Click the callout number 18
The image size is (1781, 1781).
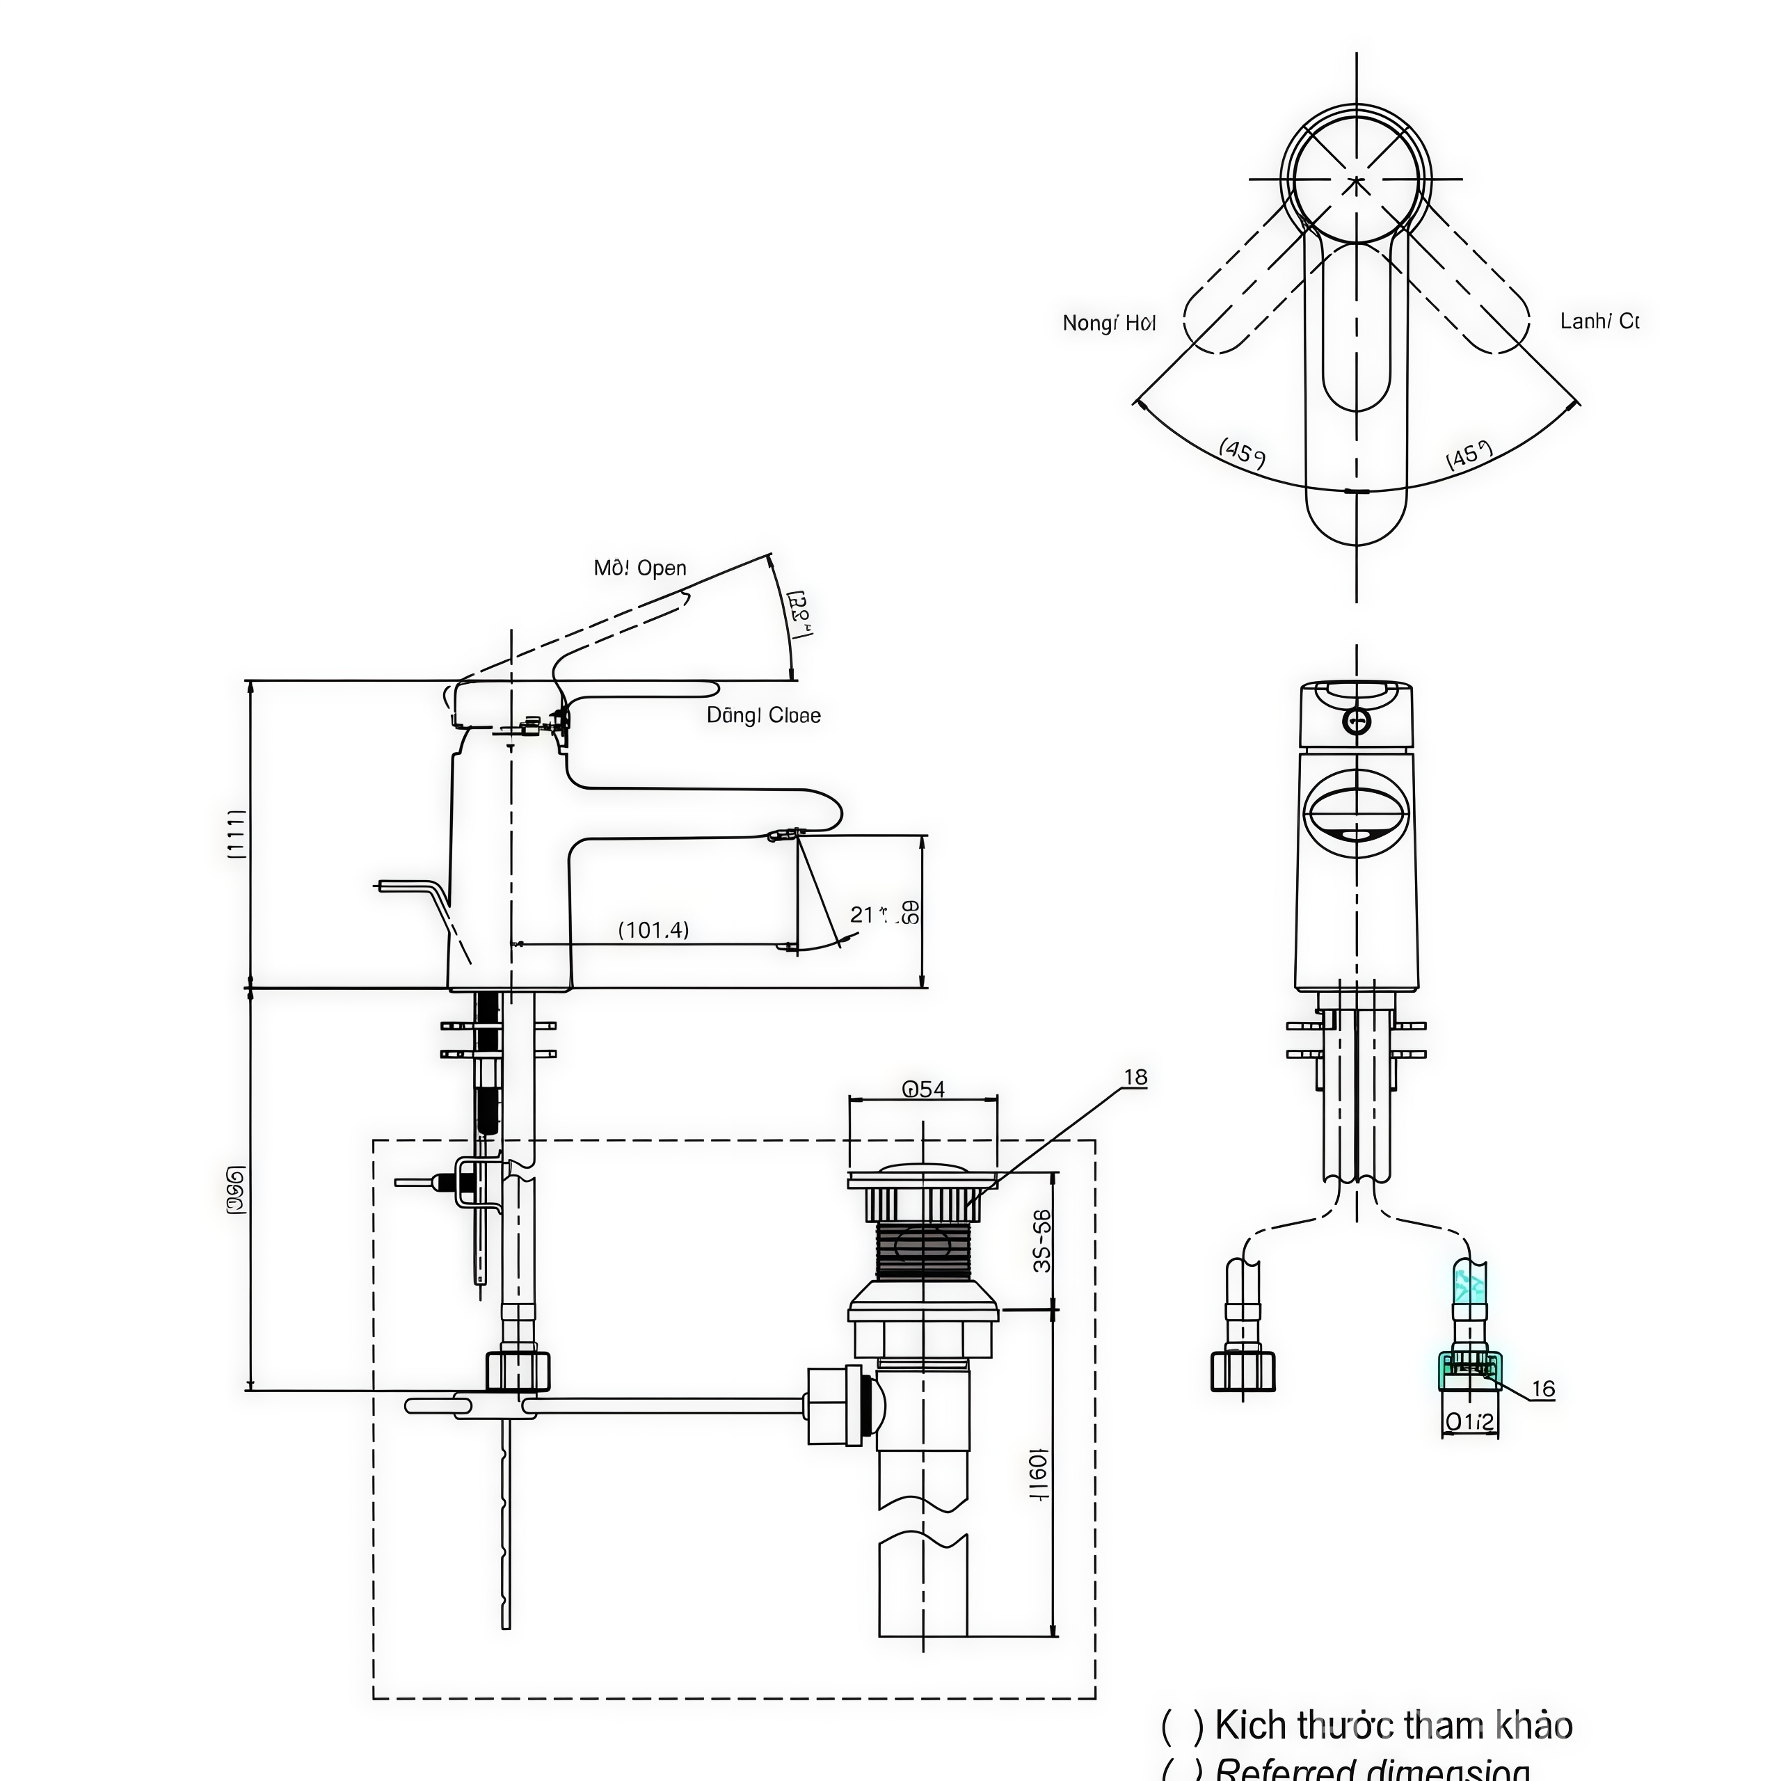point(1135,1077)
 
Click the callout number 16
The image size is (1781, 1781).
point(1542,1389)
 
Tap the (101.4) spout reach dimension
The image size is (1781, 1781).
point(653,929)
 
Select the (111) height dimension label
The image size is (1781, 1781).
point(237,833)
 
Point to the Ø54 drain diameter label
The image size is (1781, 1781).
point(923,1089)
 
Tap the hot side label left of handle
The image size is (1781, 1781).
point(1108,323)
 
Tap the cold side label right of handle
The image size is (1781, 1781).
point(1599,321)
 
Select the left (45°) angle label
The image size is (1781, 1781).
point(1242,454)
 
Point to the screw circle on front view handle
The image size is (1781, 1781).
point(1356,721)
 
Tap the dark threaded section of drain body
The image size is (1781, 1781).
point(923,1250)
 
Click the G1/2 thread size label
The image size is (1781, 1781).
point(1469,1423)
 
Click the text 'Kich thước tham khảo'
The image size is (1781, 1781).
point(1393,1725)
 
